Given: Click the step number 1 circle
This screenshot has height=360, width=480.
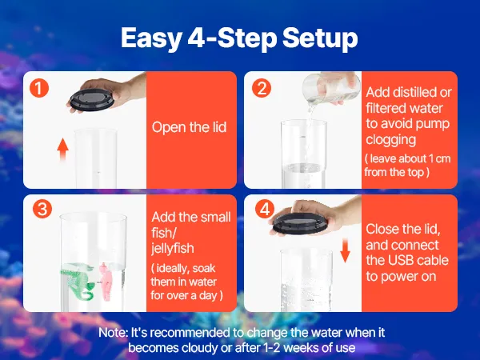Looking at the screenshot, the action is (x=39, y=88).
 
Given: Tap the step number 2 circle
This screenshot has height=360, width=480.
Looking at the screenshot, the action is (x=262, y=88).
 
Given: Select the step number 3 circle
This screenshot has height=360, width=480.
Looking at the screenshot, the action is (x=42, y=209).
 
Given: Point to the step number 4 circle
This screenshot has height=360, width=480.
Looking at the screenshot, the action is (x=265, y=209).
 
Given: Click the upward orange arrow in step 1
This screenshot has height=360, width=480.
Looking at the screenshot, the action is (x=62, y=150).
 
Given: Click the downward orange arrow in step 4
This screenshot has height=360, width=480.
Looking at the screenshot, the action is (x=346, y=250).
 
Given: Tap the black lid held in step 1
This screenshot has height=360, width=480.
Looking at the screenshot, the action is (x=92, y=99).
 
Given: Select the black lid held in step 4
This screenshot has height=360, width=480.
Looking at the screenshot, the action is (x=299, y=222).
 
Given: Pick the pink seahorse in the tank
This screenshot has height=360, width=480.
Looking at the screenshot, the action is (x=107, y=281).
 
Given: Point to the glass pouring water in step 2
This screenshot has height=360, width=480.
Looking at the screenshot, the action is (x=331, y=87).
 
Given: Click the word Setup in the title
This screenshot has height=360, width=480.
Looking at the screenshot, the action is (x=320, y=38).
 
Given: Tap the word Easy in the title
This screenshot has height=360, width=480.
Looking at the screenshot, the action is (x=151, y=38).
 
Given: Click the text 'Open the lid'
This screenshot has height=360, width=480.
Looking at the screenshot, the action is (x=189, y=127).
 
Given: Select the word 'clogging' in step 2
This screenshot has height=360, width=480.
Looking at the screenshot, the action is (x=391, y=139).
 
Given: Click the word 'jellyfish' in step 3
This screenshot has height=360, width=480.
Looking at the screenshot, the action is (x=173, y=248).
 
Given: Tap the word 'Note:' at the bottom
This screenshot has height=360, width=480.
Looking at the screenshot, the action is (x=113, y=333).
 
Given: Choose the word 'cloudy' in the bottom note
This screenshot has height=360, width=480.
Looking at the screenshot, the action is (x=199, y=348).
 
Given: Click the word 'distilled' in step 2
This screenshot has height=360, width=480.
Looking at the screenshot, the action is (x=411, y=92).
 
